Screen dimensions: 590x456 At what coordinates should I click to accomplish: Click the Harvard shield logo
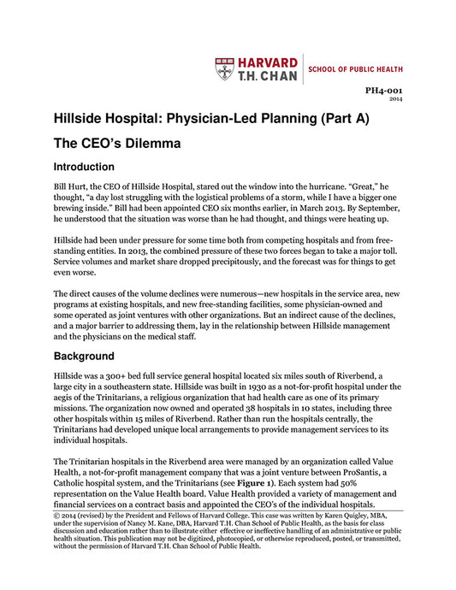[224, 68]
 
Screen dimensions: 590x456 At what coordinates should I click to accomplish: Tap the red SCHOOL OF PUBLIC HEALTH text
[354, 68]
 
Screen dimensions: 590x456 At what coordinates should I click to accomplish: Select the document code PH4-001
[385, 90]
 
